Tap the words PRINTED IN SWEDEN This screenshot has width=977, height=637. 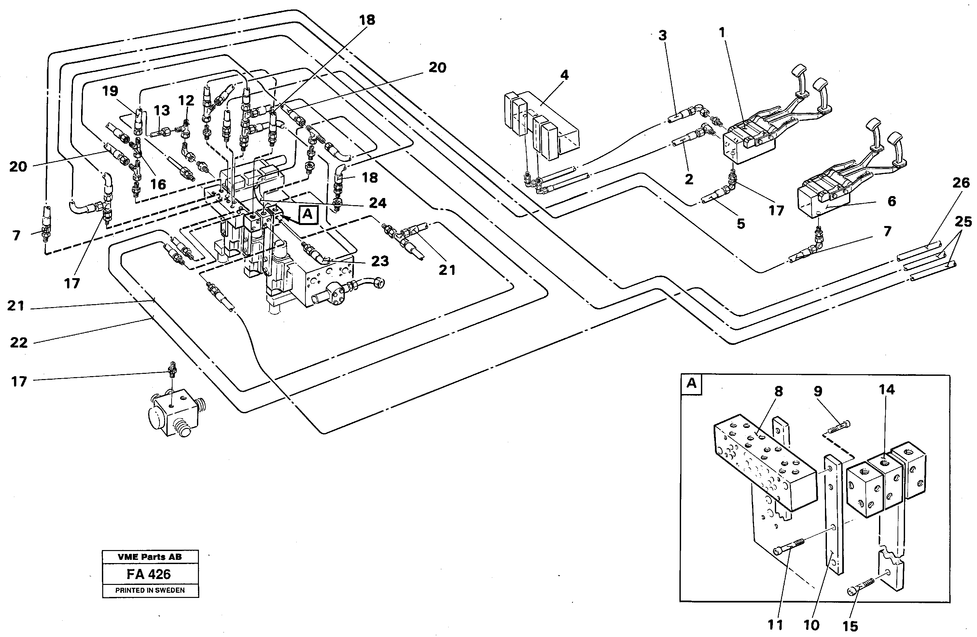click(x=150, y=590)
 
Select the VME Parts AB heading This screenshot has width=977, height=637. click(x=149, y=557)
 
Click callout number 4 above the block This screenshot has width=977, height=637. click(x=565, y=75)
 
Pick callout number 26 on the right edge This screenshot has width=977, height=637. click(x=961, y=183)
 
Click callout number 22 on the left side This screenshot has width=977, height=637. click(x=19, y=343)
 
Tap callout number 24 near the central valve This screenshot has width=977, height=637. click(x=377, y=203)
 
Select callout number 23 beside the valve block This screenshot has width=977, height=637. click(x=380, y=261)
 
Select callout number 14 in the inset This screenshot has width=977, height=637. click(x=887, y=389)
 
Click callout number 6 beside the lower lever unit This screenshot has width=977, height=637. click(x=892, y=201)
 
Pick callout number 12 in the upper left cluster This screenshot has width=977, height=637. click(x=186, y=100)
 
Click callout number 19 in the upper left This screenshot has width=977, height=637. click(x=110, y=91)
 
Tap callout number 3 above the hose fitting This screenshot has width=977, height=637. click(x=663, y=36)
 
